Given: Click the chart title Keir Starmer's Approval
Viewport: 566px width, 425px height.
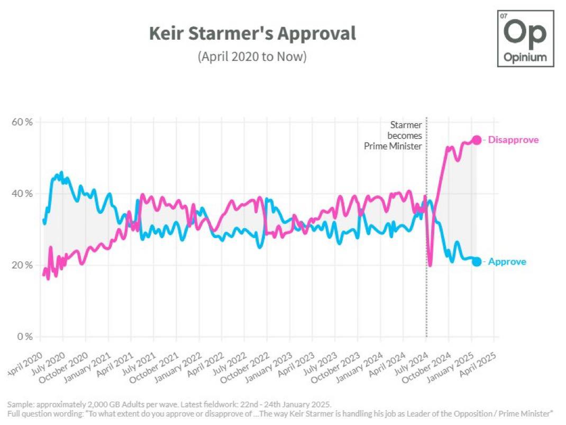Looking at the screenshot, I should tap(252, 34).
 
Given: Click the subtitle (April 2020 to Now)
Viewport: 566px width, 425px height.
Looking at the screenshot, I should tap(252, 56).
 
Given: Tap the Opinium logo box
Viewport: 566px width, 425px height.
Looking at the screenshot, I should tap(525, 38).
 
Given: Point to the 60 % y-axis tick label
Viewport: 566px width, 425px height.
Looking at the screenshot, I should tap(22, 122).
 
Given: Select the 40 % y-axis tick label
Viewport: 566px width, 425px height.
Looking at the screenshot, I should tap(22, 194).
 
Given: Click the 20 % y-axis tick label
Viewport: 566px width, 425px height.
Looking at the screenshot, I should tap(22, 265).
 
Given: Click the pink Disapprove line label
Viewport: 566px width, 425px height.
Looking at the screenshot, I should tap(513, 140).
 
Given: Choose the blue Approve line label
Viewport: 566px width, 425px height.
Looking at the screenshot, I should tap(507, 261).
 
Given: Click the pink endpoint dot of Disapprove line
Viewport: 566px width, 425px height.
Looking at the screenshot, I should tap(477, 140).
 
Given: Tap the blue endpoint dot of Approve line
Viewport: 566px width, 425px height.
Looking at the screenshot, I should tap(477, 261).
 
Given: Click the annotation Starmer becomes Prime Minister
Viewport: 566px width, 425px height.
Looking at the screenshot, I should tap(394, 135).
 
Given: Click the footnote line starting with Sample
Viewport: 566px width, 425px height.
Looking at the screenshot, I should tap(169, 405).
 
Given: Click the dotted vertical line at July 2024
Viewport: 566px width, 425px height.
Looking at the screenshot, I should tap(426, 265).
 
